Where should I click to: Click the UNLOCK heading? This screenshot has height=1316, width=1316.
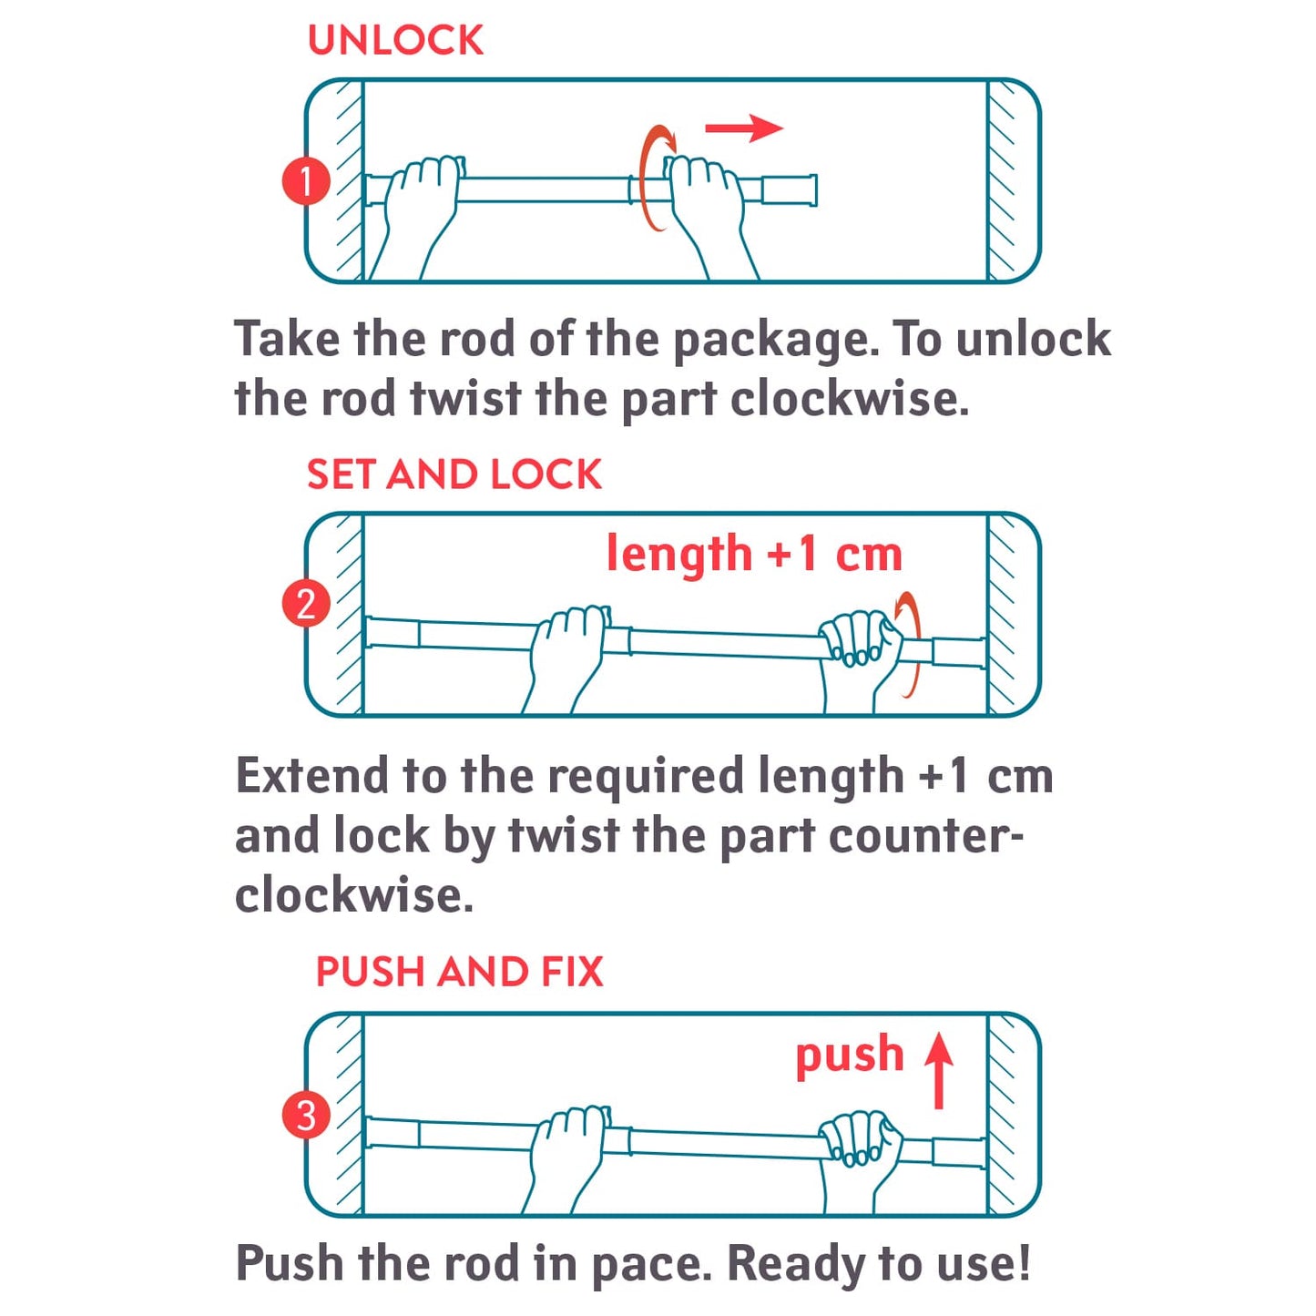pyautogui.click(x=395, y=40)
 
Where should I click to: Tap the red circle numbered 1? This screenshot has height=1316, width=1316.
pyautogui.click(x=307, y=181)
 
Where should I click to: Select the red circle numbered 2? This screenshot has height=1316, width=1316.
pyautogui.click(x=307, y=605)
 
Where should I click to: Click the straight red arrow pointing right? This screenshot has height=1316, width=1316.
pyautogui.click(x=744, y=128)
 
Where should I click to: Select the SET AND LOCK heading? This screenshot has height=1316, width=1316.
pyautogui.click(x=454, y=474)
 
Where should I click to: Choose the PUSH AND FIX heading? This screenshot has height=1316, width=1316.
pyautogui.click(x=460, y=971)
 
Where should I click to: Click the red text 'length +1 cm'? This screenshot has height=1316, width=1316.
pyautogui.click(x=755, y=555)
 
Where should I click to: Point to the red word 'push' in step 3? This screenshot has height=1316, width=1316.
pyautogui.click(x=851, y=1056)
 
